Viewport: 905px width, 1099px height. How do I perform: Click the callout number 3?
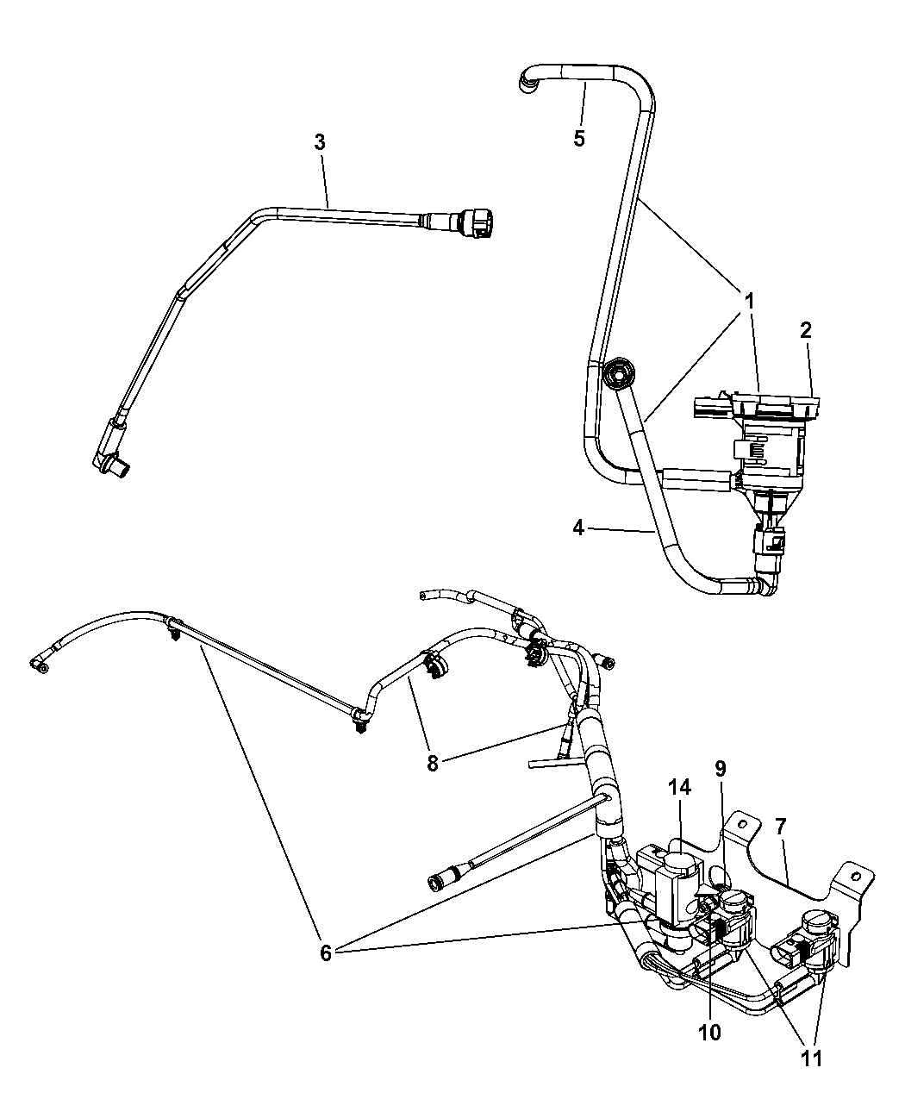tap(320, 142)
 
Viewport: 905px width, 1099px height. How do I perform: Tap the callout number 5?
tap(579, 137)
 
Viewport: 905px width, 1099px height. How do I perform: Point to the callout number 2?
tap(805, 330)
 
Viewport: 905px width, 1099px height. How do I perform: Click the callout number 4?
tap(578, 527)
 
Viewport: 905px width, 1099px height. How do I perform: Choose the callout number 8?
tap(433, 762)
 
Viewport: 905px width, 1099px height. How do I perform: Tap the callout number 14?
tap(678, 787)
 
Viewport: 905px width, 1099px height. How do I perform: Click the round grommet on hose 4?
tap(615, 375)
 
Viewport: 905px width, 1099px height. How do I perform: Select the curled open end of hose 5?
tap(526, 81)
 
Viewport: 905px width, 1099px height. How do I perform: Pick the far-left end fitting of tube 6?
tap(40, 663)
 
